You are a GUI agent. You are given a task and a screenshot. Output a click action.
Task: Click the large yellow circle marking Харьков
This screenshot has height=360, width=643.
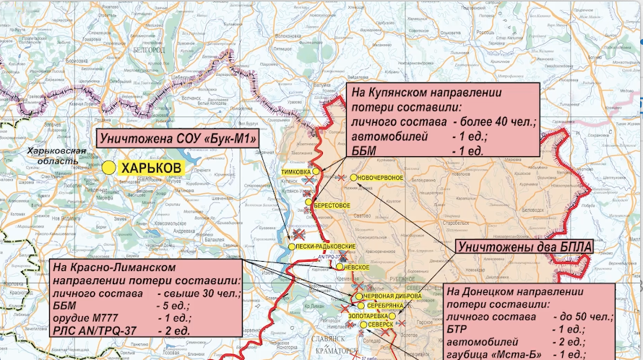(x=108, y=168)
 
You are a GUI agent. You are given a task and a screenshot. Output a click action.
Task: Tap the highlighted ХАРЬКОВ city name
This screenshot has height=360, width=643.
(x=151, y=168)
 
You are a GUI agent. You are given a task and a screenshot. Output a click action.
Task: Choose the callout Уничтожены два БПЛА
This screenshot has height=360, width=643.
(x=525, y=247)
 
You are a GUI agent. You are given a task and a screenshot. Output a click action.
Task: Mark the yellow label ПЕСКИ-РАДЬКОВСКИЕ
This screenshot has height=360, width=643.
(x=327, y=247)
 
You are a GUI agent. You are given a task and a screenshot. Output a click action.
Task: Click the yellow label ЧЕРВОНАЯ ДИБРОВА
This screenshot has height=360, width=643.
(x=392, y=296)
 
